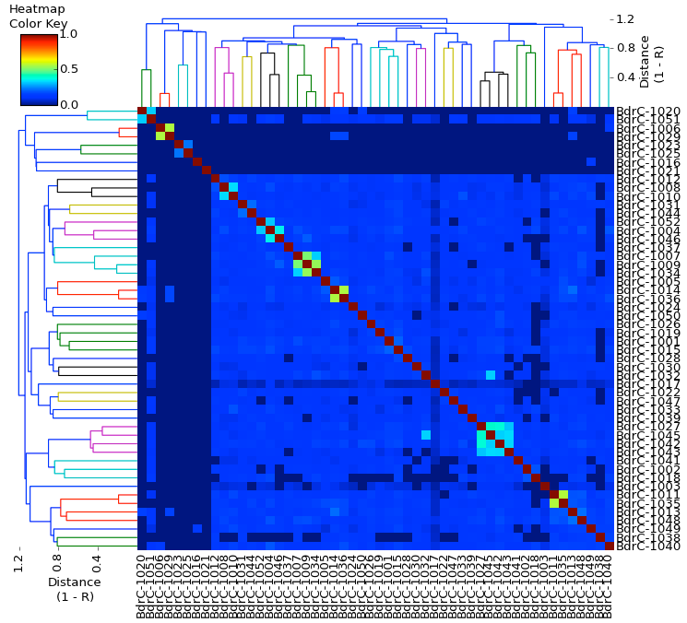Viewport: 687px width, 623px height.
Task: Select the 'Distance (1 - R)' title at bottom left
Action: point(75,590)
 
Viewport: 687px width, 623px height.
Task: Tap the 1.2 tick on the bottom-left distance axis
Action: point(18,563)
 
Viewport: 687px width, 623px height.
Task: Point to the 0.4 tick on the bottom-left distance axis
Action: point(97,563)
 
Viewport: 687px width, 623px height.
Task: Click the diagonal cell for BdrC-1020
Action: point(142,111)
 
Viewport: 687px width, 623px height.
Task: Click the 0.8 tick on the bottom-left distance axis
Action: point(58,563)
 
